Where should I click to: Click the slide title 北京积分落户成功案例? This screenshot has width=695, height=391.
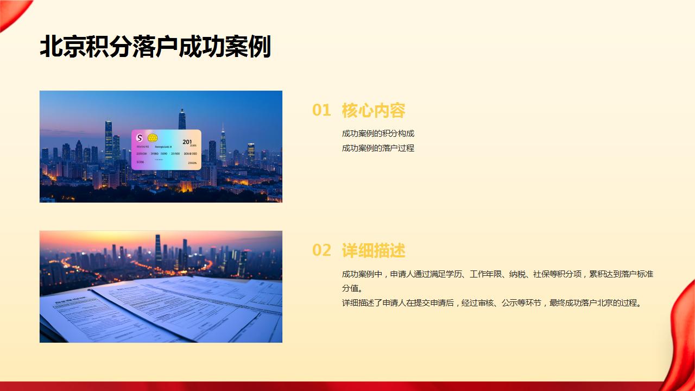[x=155, y=47]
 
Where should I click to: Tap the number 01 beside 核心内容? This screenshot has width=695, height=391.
[x=321, y=110]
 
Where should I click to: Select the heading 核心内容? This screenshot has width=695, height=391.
[x=374, y=110]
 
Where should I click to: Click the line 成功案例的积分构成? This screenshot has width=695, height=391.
[x=378, y=134]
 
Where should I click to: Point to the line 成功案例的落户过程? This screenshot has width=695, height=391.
[x=378, y=148]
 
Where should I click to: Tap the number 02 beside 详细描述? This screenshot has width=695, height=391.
[x=321, y=250]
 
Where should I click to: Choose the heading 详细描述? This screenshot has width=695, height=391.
[x=374, y=250]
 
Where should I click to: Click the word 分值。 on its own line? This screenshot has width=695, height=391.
[x=352, y=288]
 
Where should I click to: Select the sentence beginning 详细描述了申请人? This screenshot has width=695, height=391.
[x=492, y=303]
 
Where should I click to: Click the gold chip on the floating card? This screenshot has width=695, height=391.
[x=153, y=138]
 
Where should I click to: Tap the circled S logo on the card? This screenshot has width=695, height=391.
[x=140, y=137]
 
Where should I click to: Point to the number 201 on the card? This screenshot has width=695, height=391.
[x=187, y=142]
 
